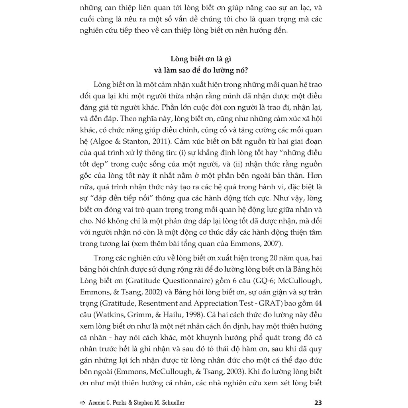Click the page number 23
pos(318,402)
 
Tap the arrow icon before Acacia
pos(82,402)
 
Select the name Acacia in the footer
pos(98,402)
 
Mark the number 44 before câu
pos(318,303)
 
